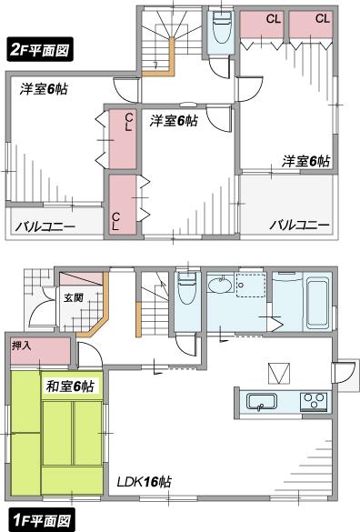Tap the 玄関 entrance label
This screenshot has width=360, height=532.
(73, 296)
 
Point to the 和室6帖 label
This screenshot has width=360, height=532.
(71, 387)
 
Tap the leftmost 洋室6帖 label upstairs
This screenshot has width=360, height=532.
(45, 88)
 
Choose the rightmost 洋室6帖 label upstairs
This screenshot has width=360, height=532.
(305, 160)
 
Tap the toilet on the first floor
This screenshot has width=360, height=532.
(186, 292)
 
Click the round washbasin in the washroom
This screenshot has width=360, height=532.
(221, 286)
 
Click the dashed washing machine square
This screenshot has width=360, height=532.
(246, 285)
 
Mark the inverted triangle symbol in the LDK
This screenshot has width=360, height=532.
(279, 371)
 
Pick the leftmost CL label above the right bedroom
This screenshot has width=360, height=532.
(273, 18)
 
